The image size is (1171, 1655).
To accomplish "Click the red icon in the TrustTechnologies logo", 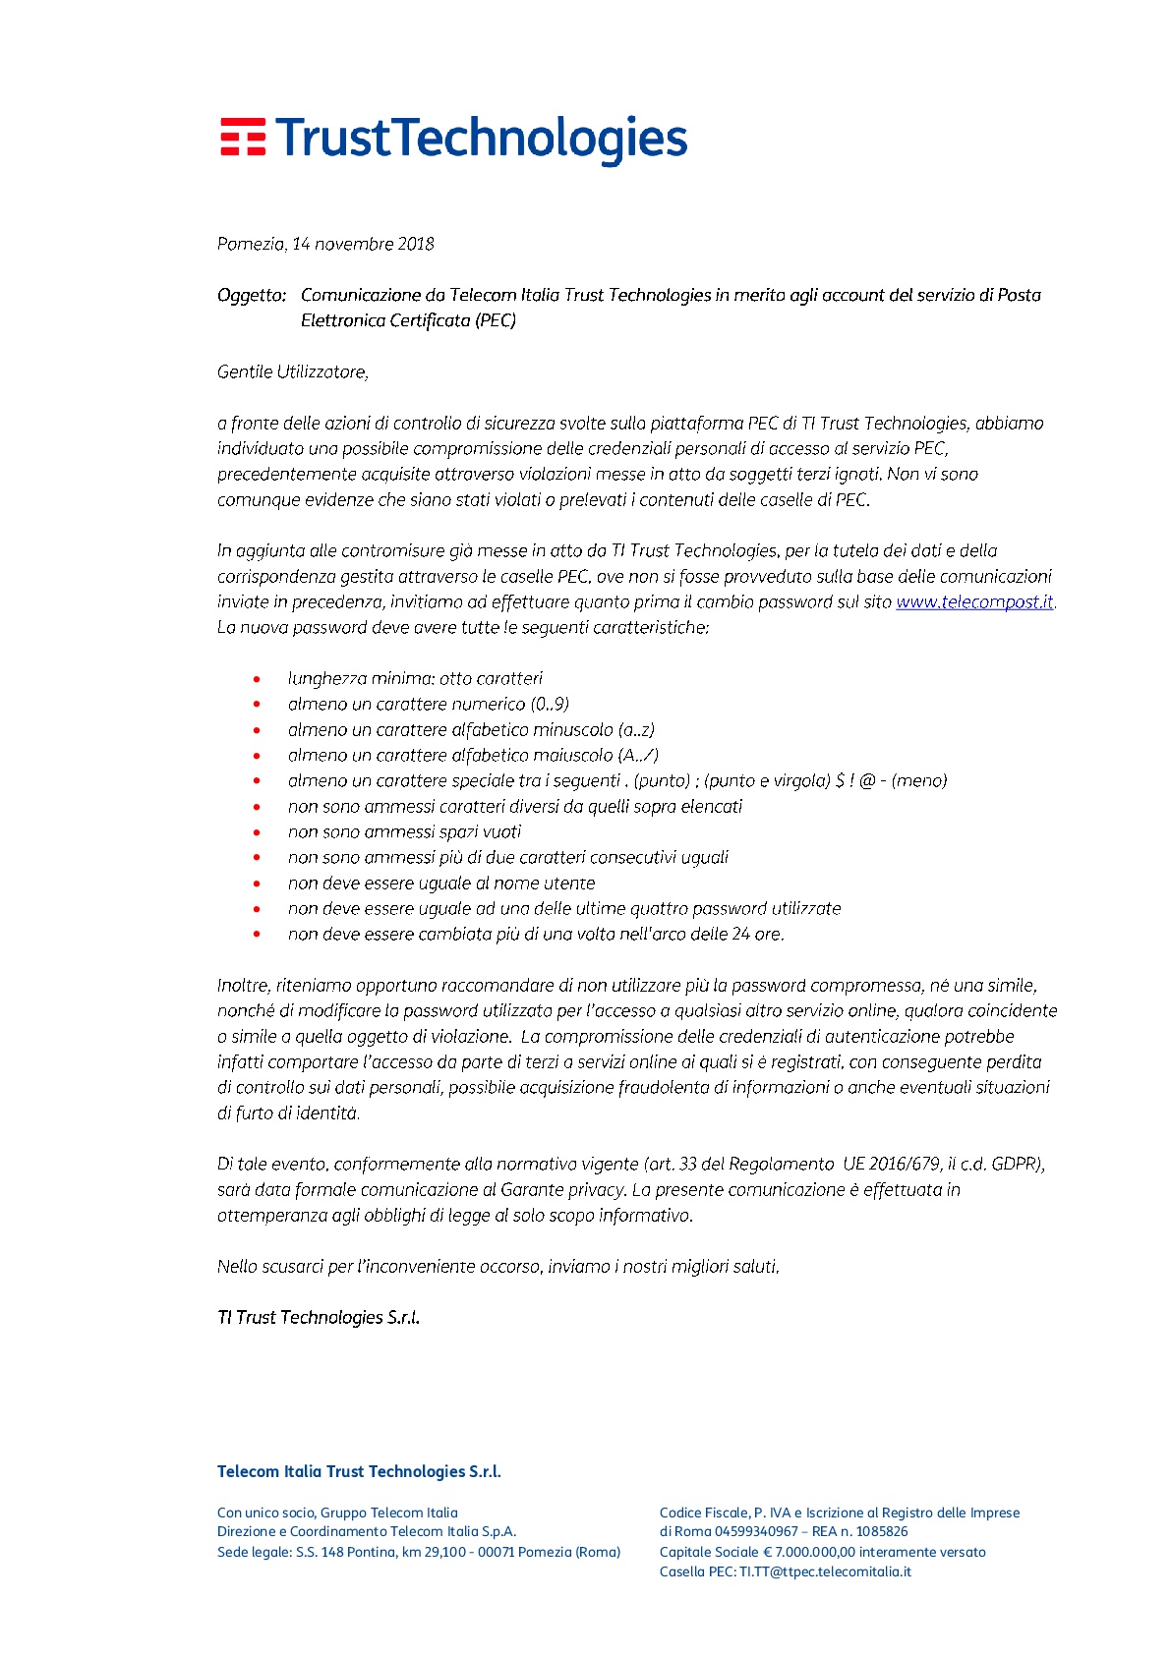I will (242, 138).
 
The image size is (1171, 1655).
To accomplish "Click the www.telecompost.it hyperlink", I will (973, 601).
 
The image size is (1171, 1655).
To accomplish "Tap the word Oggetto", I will (251, 295).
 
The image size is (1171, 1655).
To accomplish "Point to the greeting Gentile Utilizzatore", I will (293, 371).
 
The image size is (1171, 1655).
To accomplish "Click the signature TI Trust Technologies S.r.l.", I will (319, 1317).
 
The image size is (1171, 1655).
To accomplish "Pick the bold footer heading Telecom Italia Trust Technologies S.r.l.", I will (359, 1471).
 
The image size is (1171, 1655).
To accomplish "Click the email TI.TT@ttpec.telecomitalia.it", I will (825, 1571).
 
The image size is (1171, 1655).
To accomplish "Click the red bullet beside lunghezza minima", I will (258, 679).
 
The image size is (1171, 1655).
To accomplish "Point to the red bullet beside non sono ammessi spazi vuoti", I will (258, 832).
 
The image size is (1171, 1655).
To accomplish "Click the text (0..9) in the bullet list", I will (550, 704).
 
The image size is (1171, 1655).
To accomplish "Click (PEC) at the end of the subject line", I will (496, 320).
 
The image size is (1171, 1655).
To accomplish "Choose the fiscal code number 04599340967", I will (756, 1531).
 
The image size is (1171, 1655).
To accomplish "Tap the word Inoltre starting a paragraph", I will (243, 985).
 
